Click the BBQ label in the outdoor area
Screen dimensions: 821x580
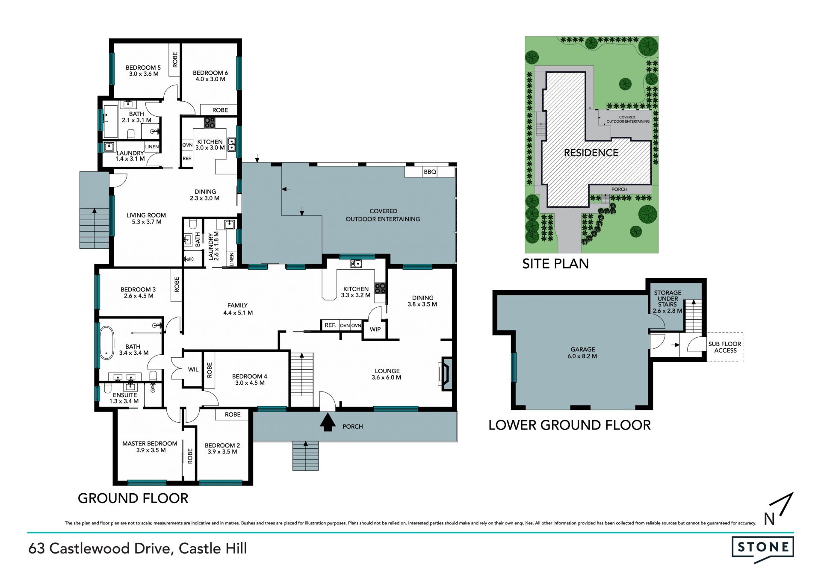[x=430, y=172]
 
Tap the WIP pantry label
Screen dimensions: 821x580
[x=375, y=329]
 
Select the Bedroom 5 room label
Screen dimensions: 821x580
[x=143, y=68]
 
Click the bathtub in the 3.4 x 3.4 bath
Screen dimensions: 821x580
[x=107, y=343]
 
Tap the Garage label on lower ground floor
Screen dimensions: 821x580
[x=583, y=349]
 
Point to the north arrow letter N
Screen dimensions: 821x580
[x=769, y=519]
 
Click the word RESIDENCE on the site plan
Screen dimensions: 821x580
[x=591, y=153]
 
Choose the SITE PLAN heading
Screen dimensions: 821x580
[x=555, y=264]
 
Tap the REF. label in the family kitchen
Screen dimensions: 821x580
[x=330, y=325]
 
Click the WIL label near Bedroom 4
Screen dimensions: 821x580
[x=193, y=369]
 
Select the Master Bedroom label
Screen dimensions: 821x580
[x=150, y=444]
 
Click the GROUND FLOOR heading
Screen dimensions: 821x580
[x=133, y=498]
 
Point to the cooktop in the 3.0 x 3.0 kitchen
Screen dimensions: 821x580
[x=209, y=123]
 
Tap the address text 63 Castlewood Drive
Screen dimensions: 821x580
[x=100, y=549]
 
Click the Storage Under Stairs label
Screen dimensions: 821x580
[x=667, y=299]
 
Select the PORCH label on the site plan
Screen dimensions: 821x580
[x=619, y=189]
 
